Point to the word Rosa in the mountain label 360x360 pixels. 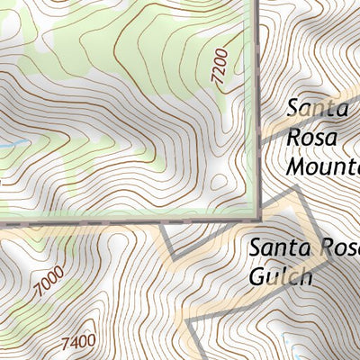(309, 139)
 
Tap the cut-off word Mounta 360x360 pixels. (321, 166)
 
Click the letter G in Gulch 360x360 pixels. (257, 275)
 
